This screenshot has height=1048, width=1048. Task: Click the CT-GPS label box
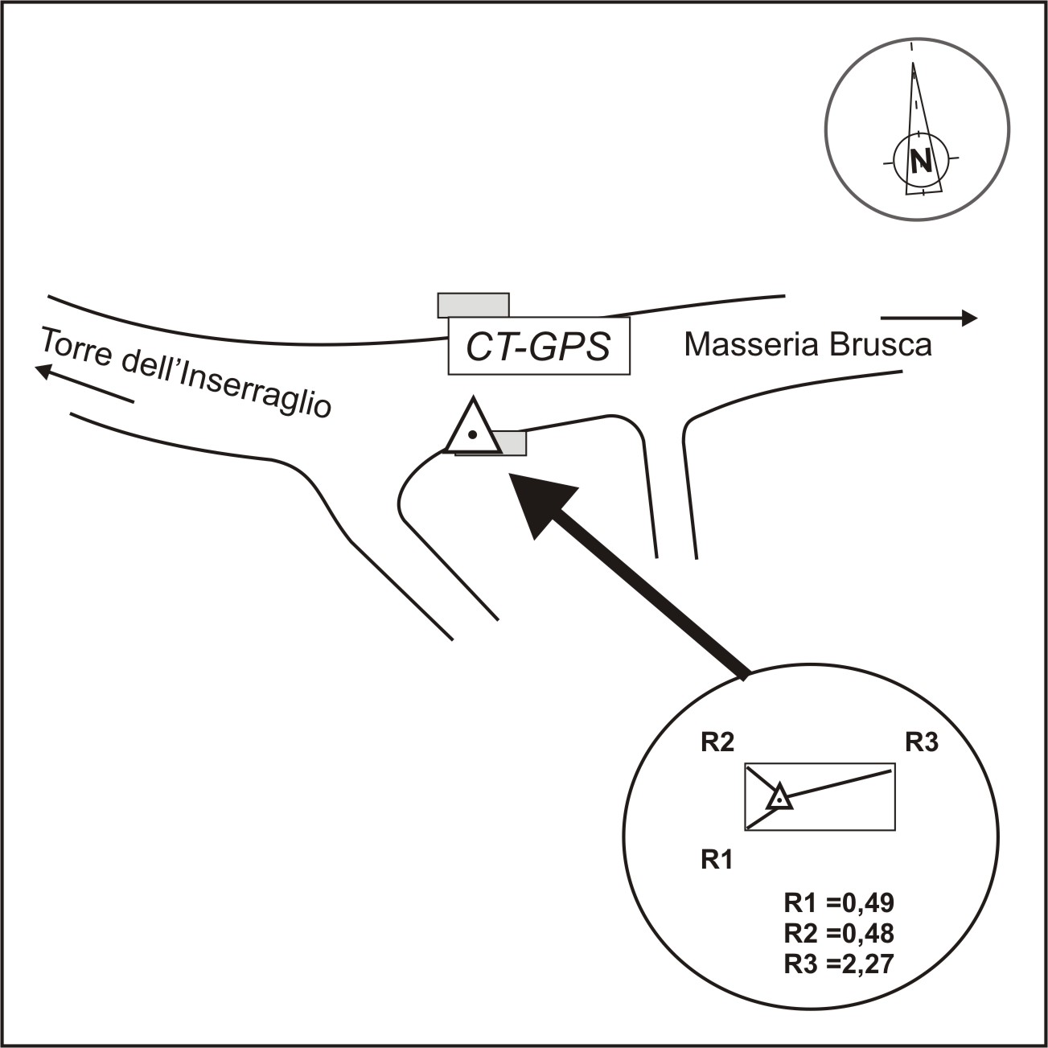(538, 347)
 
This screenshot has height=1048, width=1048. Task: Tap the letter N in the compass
(921, 162)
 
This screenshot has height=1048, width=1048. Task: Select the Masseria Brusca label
(808, 345)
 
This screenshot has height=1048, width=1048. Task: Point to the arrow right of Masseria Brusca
(929, 319)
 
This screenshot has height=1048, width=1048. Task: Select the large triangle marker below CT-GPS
(473, 429)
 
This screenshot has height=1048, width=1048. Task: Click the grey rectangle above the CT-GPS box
(473, 305)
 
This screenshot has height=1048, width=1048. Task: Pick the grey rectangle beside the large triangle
(512, 442)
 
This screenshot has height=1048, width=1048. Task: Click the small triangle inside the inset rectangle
(779, 798)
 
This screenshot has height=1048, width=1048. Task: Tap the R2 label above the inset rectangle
(717, 742)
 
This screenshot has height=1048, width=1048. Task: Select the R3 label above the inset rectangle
(922, 742)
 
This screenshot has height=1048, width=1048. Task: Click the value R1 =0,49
(839, 902)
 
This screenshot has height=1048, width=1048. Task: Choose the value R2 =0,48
(839, 933)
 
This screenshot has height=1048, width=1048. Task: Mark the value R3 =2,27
(839, 964)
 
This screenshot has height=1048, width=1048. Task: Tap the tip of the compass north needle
(913, 64)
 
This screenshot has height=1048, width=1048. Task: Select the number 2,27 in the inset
(865, 964)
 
